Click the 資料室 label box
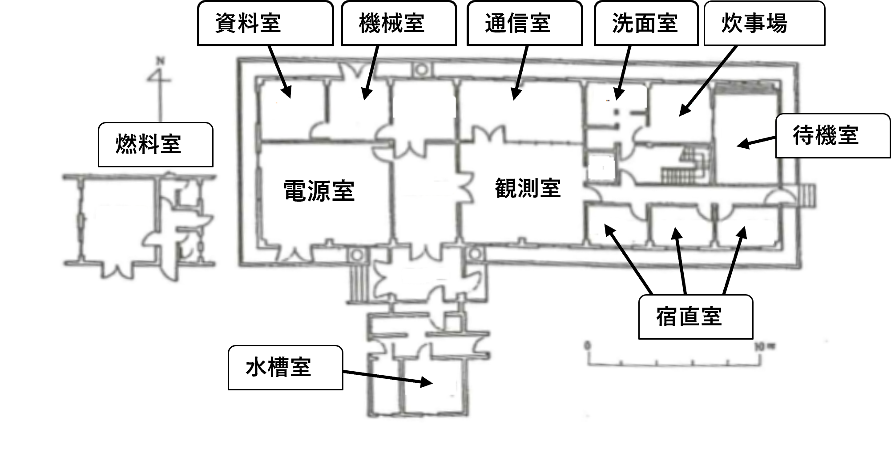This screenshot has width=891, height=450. [x=265, y=24]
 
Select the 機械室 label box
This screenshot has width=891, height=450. [x=399, y=24]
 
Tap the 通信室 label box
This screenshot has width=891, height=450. [x=524, y=24]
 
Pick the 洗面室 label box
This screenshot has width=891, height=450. [x=646, y=24]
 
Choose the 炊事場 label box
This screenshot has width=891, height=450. [x=764, y=24]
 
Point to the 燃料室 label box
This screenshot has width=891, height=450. [x=155, y=145]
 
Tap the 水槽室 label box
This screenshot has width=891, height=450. [x=285, y=368]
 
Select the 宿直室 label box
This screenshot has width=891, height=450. [x=695, y=317]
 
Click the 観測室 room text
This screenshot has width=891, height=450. [x=528, y=188]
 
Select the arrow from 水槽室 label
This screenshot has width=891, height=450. [x=387, y=377]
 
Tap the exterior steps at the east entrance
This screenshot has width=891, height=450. [x=808, y=196]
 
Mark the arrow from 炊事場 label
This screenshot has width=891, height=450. [x=707, y=80]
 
